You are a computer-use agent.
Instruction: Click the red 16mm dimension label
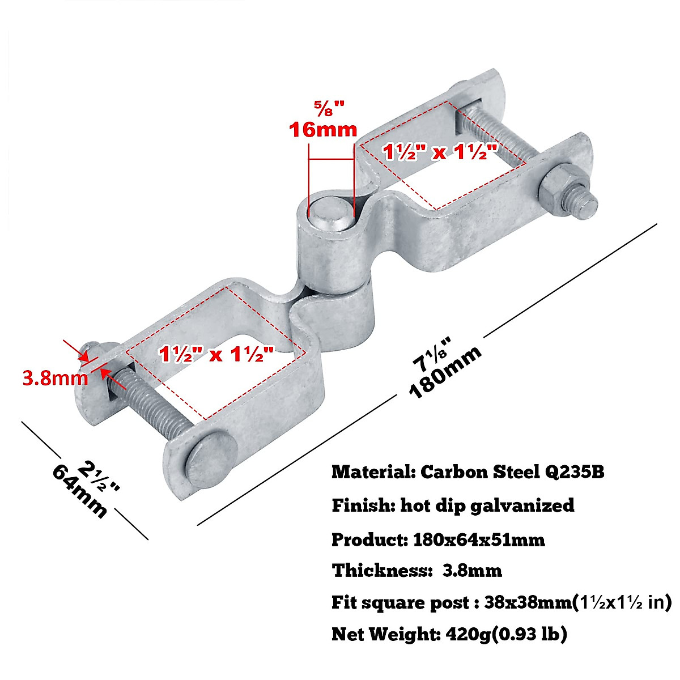click(323, 129)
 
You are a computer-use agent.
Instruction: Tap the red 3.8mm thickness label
click(55, 377)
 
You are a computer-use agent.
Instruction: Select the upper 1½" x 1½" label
click(440, 151)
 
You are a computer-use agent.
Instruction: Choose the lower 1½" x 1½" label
click(216, 355)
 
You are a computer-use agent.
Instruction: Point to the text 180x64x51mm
click(476, 539)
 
